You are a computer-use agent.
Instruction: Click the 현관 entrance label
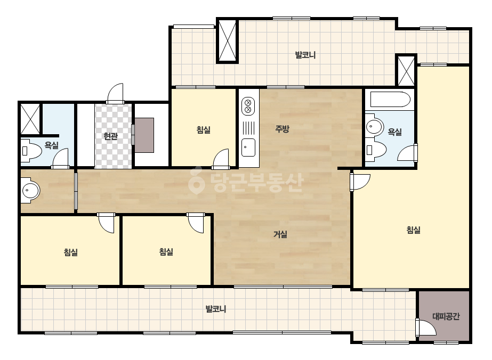tap(110, 136)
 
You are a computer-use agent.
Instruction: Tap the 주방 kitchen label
tap(282, 129)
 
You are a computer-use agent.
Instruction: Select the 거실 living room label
tap(280, 234)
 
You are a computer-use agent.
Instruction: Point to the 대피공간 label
tap(446, 316)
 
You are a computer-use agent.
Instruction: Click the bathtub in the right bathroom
tap(390, 100)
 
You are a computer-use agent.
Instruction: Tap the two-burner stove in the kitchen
tap(248, 106)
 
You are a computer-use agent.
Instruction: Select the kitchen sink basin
tap(248, 148)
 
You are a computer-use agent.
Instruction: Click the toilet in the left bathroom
tap(31, 151)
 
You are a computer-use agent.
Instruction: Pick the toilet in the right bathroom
tap(376, 150)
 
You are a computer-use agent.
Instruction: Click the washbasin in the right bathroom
tap(374, 127)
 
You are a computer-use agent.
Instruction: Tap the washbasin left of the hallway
tap(30, 190)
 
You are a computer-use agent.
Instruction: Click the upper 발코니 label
tap(305, 55)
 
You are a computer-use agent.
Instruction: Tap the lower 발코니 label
tap(215, 309)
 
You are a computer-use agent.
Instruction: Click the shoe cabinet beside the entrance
tap(144, 135)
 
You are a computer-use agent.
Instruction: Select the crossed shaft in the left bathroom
tap(30, 119)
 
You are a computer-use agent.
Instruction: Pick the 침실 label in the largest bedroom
tap(413, 230)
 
